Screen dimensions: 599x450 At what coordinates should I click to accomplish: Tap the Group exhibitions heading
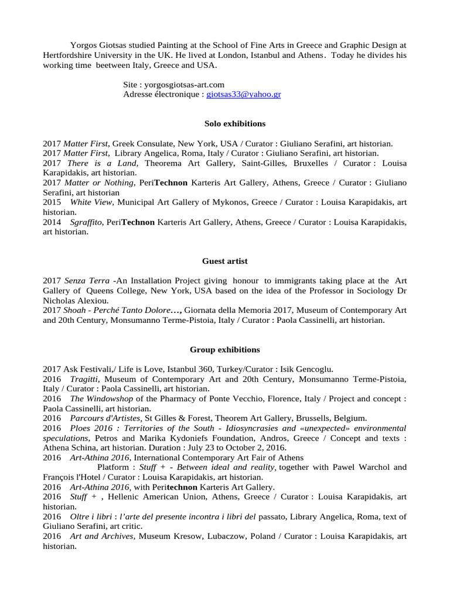coord(224,350)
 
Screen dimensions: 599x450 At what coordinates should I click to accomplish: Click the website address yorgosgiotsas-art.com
coord(183,85)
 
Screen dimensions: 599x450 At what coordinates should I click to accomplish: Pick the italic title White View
coord(91,202)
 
